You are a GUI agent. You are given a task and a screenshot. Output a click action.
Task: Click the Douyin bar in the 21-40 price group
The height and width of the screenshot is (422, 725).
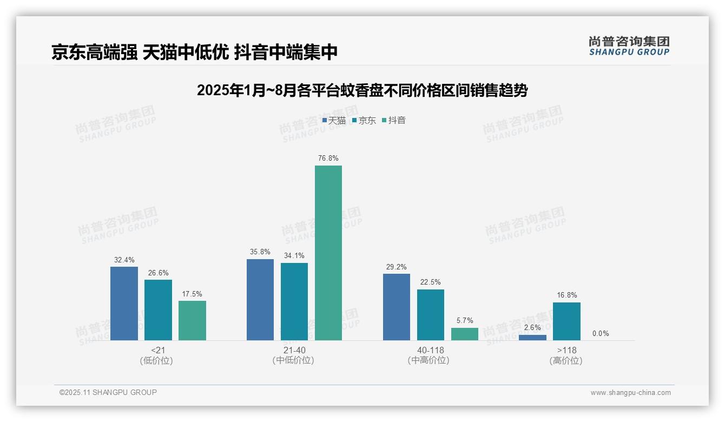click(x=328, y=253)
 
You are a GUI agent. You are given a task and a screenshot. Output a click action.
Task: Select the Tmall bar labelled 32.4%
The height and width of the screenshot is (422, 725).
click(x=124, y=303)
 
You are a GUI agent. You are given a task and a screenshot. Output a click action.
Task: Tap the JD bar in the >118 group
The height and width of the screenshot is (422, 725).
click(x=566, y=321)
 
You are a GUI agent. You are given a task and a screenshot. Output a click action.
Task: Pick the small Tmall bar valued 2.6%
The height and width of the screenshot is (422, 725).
click(x=532, y=338)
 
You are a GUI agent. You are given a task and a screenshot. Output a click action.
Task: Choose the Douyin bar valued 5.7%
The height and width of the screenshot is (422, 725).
click(x=465, y=334)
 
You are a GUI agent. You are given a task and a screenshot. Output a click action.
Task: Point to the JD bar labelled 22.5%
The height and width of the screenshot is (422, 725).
click(x=431, y=315)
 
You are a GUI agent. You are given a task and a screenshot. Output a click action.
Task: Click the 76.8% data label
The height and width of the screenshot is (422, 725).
click(x=328, y=159)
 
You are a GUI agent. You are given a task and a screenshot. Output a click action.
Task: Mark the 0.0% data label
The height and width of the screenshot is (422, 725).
click(x=601, y=333)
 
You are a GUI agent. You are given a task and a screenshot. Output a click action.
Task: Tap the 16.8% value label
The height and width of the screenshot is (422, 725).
click(x=566, y=295)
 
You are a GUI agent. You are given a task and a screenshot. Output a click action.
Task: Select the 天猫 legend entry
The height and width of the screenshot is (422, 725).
click(x=334, y=121)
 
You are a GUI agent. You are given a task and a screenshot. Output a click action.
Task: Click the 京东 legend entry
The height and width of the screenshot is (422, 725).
click(x=364, y=121)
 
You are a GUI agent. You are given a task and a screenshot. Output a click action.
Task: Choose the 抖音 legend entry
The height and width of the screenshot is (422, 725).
click(x=394, y=121)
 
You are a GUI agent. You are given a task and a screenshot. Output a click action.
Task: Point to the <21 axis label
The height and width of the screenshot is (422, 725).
click(x=158, y=351)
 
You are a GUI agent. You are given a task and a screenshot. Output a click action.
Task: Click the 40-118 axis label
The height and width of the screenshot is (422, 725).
click(x=430, y=351)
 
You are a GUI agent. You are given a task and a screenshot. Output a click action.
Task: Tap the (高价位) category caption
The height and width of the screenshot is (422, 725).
click(x=566, y=361)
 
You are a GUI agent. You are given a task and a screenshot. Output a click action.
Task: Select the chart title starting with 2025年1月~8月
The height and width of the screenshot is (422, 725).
click(x=362, y=90)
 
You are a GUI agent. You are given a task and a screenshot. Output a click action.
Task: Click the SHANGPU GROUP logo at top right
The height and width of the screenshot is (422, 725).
click(x=629, y=45)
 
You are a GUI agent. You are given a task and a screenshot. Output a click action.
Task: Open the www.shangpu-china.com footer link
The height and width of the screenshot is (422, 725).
click(x=630, y=393)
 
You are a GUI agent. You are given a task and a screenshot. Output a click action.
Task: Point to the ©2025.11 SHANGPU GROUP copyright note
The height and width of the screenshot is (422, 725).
click(x=108, y=392)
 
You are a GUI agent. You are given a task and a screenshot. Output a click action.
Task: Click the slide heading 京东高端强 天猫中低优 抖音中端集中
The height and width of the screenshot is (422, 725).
click(x=194, y=52)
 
